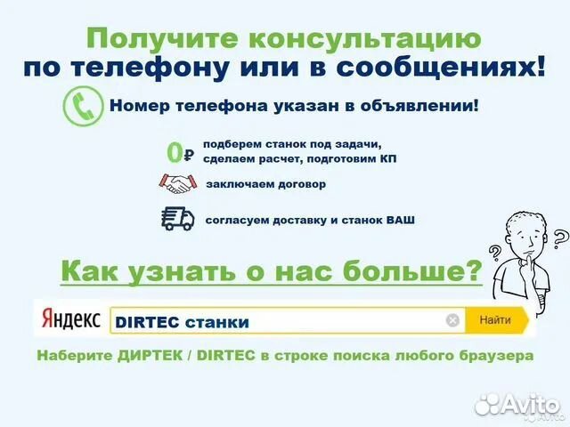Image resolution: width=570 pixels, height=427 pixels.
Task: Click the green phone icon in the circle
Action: (x=82, y=106)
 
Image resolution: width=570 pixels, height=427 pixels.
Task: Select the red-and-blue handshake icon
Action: (x=178, y=184)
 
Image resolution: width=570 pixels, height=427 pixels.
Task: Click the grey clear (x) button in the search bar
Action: (x=452, y=320)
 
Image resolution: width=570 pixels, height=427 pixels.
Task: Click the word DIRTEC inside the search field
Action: (x=143, y=321)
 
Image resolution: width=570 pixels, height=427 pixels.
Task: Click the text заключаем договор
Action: (x=265, y=185)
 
